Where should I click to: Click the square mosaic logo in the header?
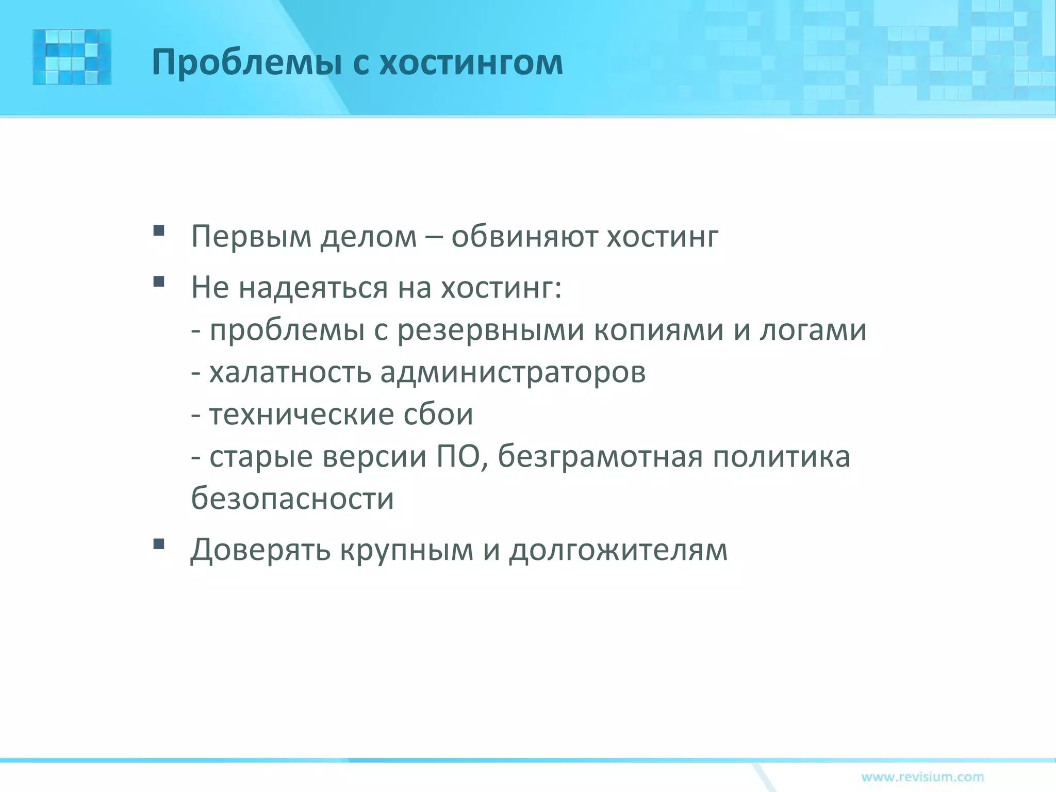click(x=72, y=57)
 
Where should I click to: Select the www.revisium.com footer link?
click(x=922, y=777)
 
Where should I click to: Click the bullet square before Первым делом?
click(x=159, y=230)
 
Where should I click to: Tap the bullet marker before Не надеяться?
click(x=159, y=282)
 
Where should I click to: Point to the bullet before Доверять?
click(x=159, y=544)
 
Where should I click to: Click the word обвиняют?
click(x=524, y=237)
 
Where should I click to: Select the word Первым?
click(x=251, y=237)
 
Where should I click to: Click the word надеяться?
click(x=313, y=287)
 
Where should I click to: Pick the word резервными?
click(x=490, y=331)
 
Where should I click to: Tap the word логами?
click(x=813, y=331)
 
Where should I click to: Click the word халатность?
click(x=290, y=372)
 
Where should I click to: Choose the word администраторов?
click(x=513, y=372)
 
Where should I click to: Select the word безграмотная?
click(x=600, y=456)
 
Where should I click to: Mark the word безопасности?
click(x=292, y=499)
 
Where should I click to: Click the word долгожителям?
click(x=618, y=550)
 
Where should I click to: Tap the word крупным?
click(x=406, y=550)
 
